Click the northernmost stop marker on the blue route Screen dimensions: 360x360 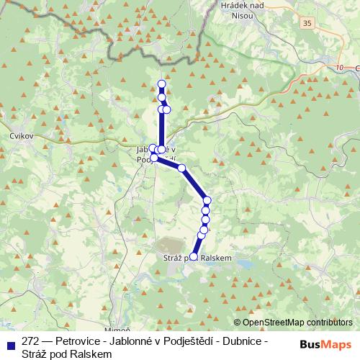click(x=161, y=84)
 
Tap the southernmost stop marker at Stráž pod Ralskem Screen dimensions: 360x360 click(x=193, y=256)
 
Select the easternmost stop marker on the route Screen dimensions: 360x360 click(x=207, y=200)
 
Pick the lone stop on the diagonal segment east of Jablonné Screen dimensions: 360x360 click(x=181, y=168)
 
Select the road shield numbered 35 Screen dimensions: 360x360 click(x=308, y=24)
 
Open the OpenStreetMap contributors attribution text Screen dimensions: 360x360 click(x=297, y=322)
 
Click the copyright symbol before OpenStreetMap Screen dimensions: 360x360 click(x=238, y=322)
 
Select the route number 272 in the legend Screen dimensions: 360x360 click(x=30, y=341)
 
